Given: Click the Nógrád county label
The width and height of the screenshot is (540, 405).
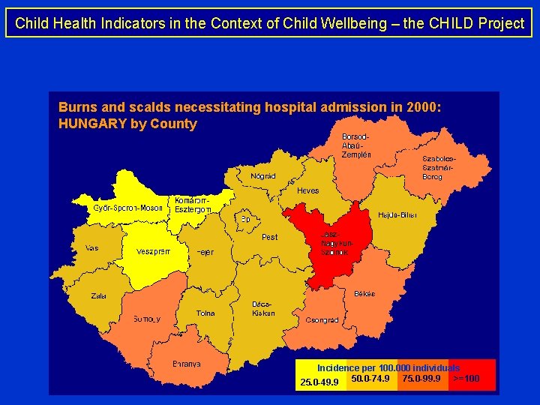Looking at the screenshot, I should coord(263,176).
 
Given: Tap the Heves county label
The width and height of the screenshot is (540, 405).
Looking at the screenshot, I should coord(307,190).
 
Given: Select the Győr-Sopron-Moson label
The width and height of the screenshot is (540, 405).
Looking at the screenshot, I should coord(127,208).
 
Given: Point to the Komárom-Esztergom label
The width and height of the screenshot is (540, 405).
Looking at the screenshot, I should coord(193,205).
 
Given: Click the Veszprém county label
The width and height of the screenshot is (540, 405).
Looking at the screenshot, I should coord(153,251).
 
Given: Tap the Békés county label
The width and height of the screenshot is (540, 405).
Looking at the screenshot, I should coord(364,293).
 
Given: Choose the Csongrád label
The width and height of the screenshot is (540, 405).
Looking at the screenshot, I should coord(322,319).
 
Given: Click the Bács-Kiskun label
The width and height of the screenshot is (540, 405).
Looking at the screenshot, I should coord(263,308).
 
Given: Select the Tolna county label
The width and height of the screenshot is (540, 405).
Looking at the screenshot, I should coord(205,313).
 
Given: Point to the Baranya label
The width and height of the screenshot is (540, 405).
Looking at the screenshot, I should coord(187,364).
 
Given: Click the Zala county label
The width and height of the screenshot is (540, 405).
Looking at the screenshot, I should coord(99,295).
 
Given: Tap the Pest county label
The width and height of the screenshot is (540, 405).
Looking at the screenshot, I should coord(269,237).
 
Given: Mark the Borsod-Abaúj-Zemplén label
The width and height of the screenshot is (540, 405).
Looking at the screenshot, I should coord(356,145).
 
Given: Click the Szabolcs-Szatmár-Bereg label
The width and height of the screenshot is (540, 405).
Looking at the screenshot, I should coord(439,168).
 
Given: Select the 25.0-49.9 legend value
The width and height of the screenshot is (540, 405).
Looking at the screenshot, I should coord(319,382).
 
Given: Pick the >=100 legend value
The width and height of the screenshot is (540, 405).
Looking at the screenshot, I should coord(466,379).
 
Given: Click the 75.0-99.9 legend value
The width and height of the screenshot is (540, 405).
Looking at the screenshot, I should coord(421,378).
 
